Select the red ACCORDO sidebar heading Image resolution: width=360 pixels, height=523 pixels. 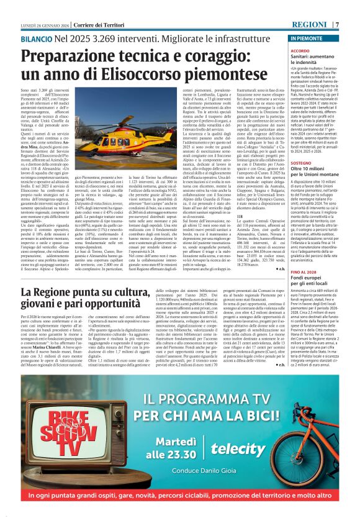(300, 50)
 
